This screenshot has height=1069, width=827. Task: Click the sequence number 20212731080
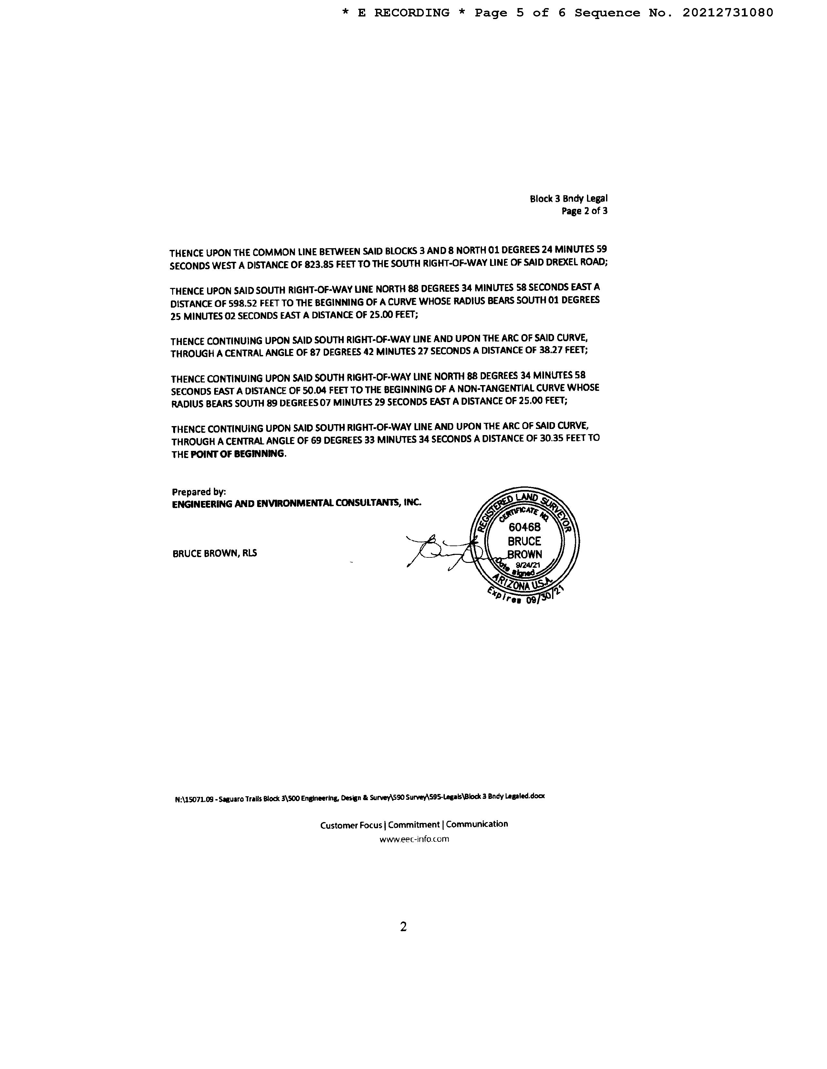click(x=728, y=13)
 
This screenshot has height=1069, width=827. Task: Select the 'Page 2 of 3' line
click(x=584, y=211)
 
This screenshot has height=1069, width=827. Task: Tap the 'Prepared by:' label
click(x=198, y=492)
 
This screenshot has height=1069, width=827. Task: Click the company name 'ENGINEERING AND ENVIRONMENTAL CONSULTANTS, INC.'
click(x=297, y=503)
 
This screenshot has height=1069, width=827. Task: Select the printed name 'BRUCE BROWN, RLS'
click(x=215, y=554)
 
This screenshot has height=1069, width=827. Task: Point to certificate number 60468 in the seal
click(x=524, y=527)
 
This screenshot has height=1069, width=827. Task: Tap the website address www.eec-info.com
click(x=414, y=839)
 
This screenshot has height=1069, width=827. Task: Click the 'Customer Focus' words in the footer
click(x=351, y=825)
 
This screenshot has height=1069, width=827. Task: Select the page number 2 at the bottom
click(x=403, y=927)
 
